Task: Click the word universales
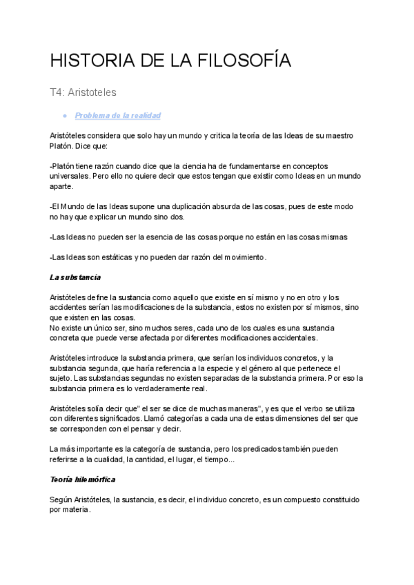click(72, 177)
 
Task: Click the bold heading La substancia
click(75, 277)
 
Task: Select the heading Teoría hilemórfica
click(82, 479)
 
